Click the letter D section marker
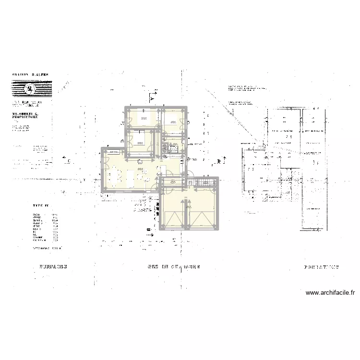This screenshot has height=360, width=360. [218, 161]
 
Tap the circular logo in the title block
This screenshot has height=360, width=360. [30, 88]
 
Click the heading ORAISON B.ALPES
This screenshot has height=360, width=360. [30, 75]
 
